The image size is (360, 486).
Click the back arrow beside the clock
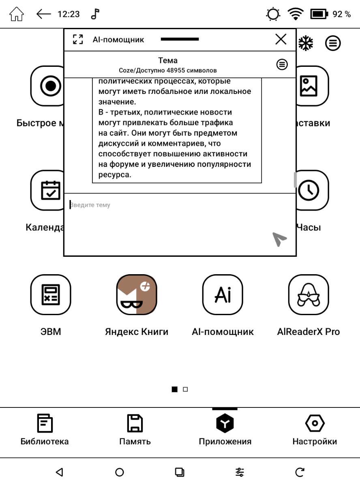click(x=44, y=15)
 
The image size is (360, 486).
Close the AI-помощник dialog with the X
click(x=281, y=39)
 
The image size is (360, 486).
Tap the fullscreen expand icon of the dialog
click(x=77, y=40)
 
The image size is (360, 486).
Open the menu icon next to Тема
click(x=282, y=64)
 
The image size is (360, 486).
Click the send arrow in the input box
click(x=279, y=239)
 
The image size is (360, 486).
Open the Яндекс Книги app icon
click(x=136, y=294)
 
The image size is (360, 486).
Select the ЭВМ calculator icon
click(x=51, y=294)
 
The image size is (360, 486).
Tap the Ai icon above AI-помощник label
click(x=223, y=294)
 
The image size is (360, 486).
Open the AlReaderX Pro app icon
click(x=308, y=294)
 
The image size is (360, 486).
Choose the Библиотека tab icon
click(x=44, y=424)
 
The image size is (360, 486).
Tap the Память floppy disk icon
click(x=135, y=424)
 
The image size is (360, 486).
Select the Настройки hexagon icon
click(x=314, y=424)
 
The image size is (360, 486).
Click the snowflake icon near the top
click(x=306, y=43)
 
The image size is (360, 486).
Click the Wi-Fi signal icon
click(x=296, y=15)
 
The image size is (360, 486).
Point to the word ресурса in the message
click(x=115, y=175)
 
